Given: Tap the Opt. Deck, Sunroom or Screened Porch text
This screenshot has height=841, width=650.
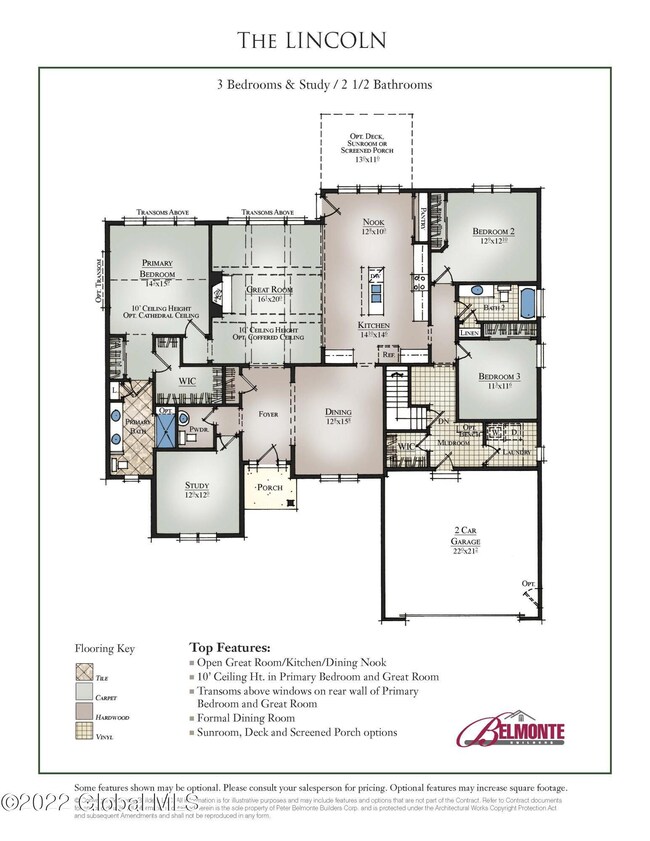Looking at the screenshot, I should click(x=365, y=148).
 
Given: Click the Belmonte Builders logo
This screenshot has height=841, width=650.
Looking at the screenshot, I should click(x=510, y=730).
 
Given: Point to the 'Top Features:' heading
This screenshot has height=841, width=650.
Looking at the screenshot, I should click(x=229, y=647).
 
